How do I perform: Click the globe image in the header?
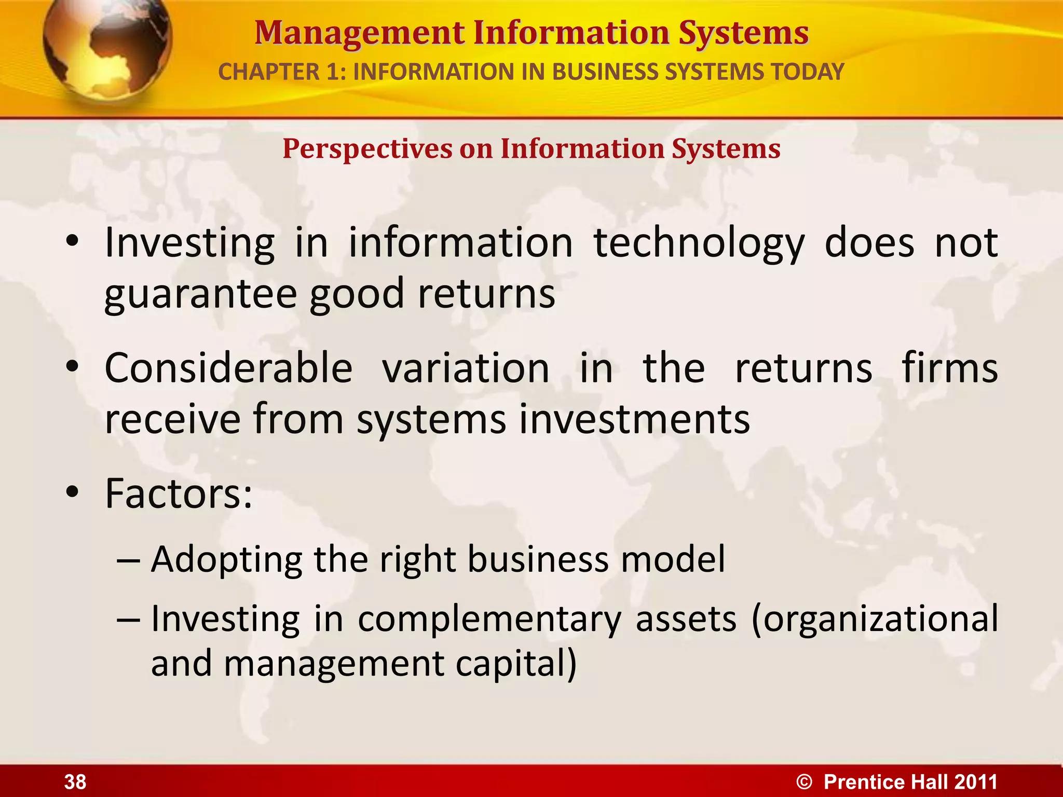click(x=106, y=49)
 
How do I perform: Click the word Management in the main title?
click(x=359, y=33)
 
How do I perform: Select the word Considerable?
click(x=229, y=368)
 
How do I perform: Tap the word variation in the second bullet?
click(x=466, y=368)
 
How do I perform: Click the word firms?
click(x=949, y=368)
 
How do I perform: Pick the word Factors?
click(x=179, y=493)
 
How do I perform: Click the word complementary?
click(x=490, y=619)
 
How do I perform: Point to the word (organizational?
click(x=874, y=619)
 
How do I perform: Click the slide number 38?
click(x=75, y=781)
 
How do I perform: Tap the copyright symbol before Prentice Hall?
click(x=804, y=782)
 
